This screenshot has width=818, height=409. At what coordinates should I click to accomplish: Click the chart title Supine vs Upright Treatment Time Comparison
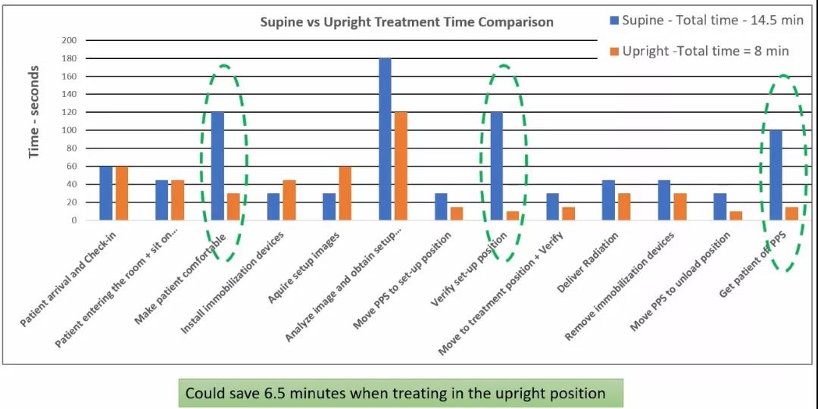(x=407, y=21)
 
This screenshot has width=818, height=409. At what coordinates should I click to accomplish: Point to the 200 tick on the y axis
(x=70, y=40)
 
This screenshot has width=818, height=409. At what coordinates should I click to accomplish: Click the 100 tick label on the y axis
(x=70, y=130)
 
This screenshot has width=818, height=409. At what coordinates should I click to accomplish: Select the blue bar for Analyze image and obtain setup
(x=385, y=139)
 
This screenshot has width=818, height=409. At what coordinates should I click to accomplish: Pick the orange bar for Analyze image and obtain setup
(x=401, y=166)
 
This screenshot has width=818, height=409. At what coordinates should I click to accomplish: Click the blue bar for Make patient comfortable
(x=217, y=166)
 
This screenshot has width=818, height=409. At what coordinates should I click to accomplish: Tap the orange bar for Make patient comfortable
(x=233, y=207)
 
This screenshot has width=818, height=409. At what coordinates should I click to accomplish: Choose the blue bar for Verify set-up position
(x=497, y=166)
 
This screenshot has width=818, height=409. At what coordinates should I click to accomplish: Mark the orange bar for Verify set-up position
(x=513, y=216)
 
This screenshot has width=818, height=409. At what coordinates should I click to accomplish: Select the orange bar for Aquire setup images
(x=345, y=193)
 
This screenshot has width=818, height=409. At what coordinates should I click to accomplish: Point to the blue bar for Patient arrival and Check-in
(x=106, y=193)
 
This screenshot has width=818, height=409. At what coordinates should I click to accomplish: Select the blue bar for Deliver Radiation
(x=608, y=200)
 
